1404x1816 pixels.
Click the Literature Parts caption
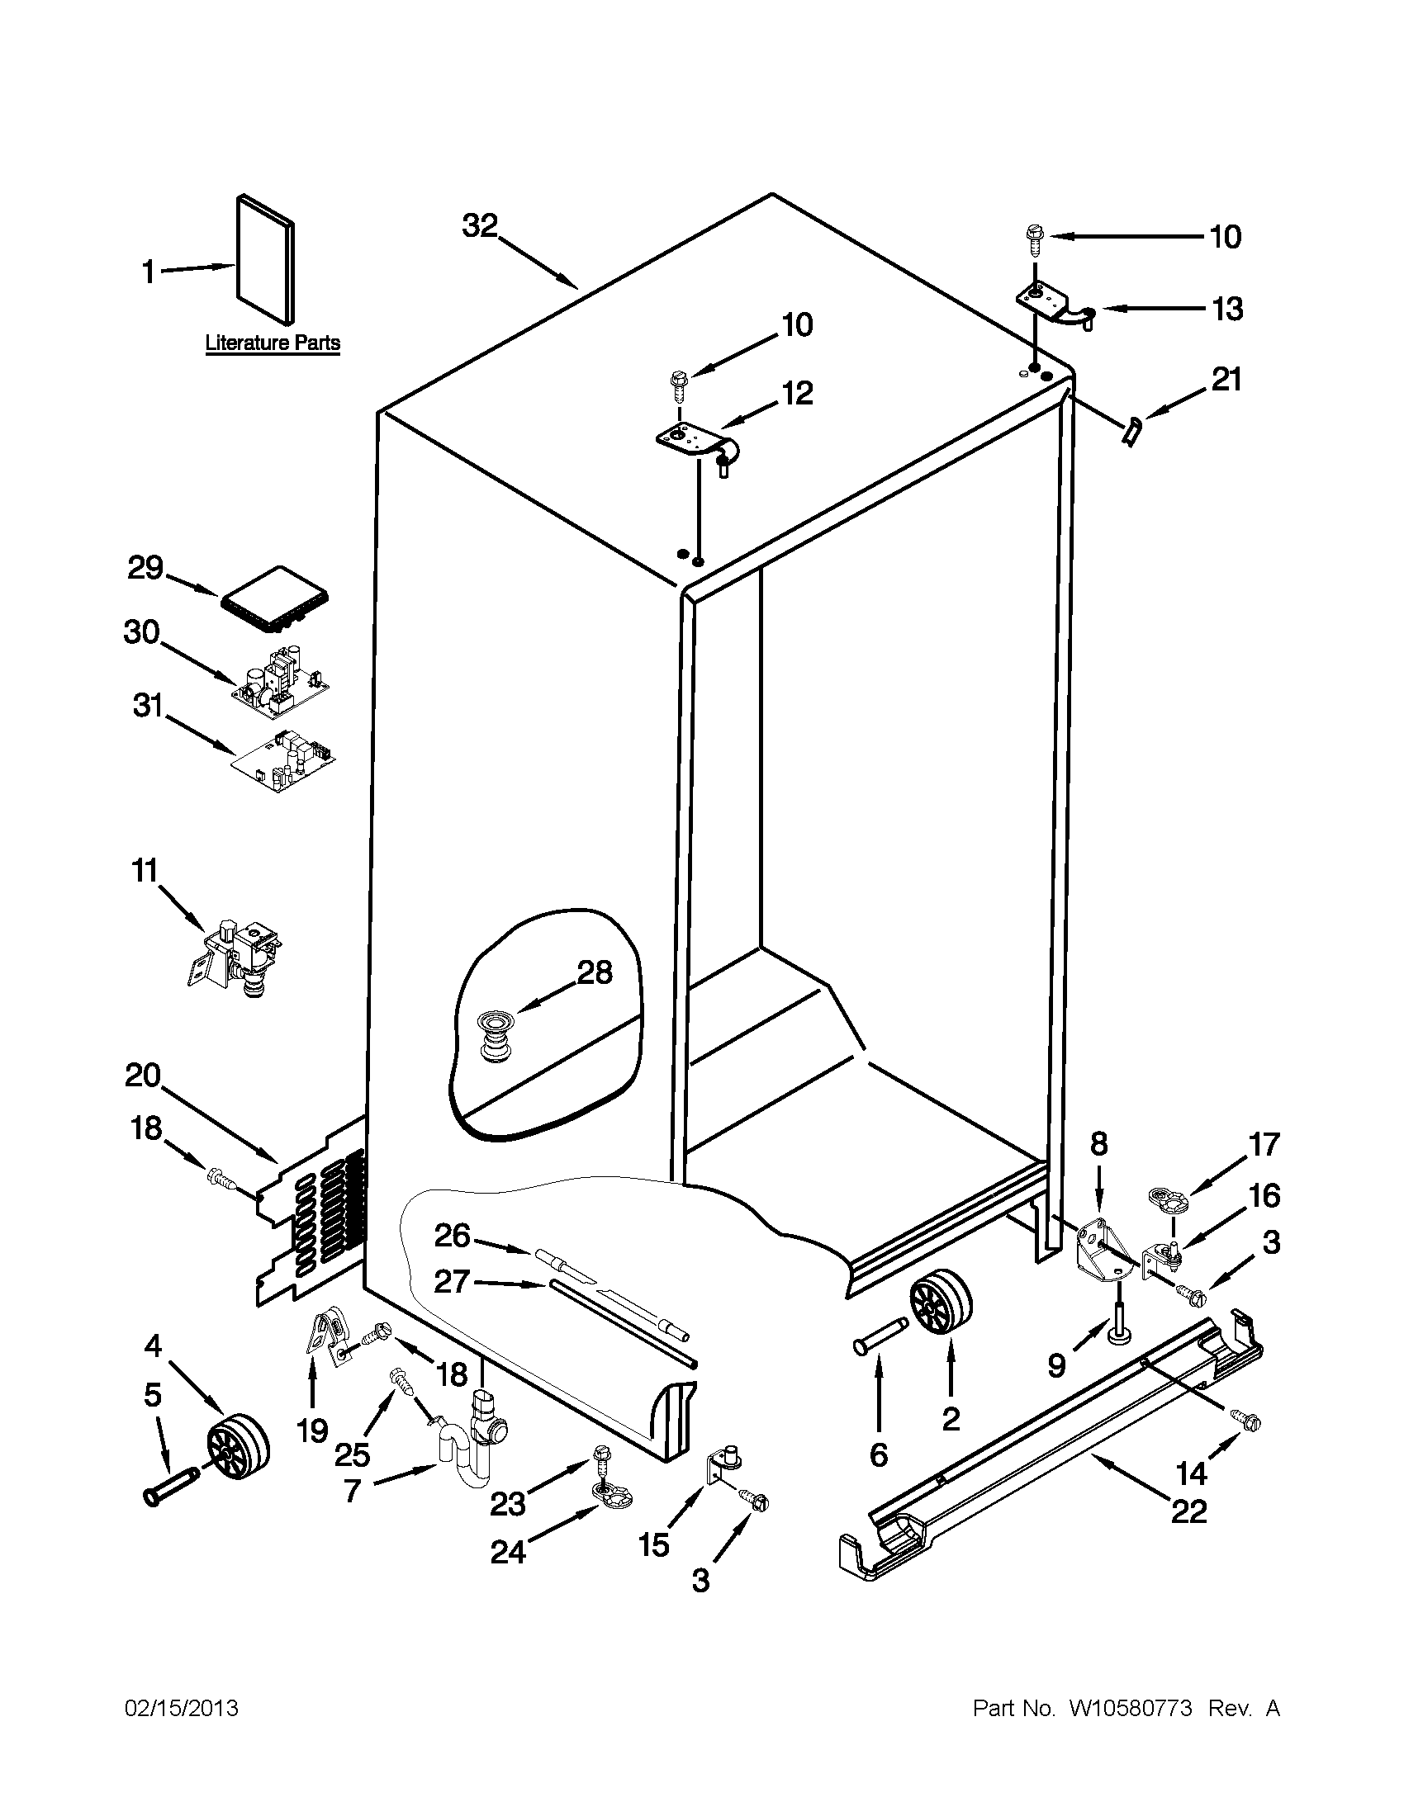tap(273, 343)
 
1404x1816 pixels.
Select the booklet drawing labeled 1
tap(265, 259)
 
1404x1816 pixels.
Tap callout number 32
tap(480, 226)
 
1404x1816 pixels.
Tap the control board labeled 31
tap(282, 760)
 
